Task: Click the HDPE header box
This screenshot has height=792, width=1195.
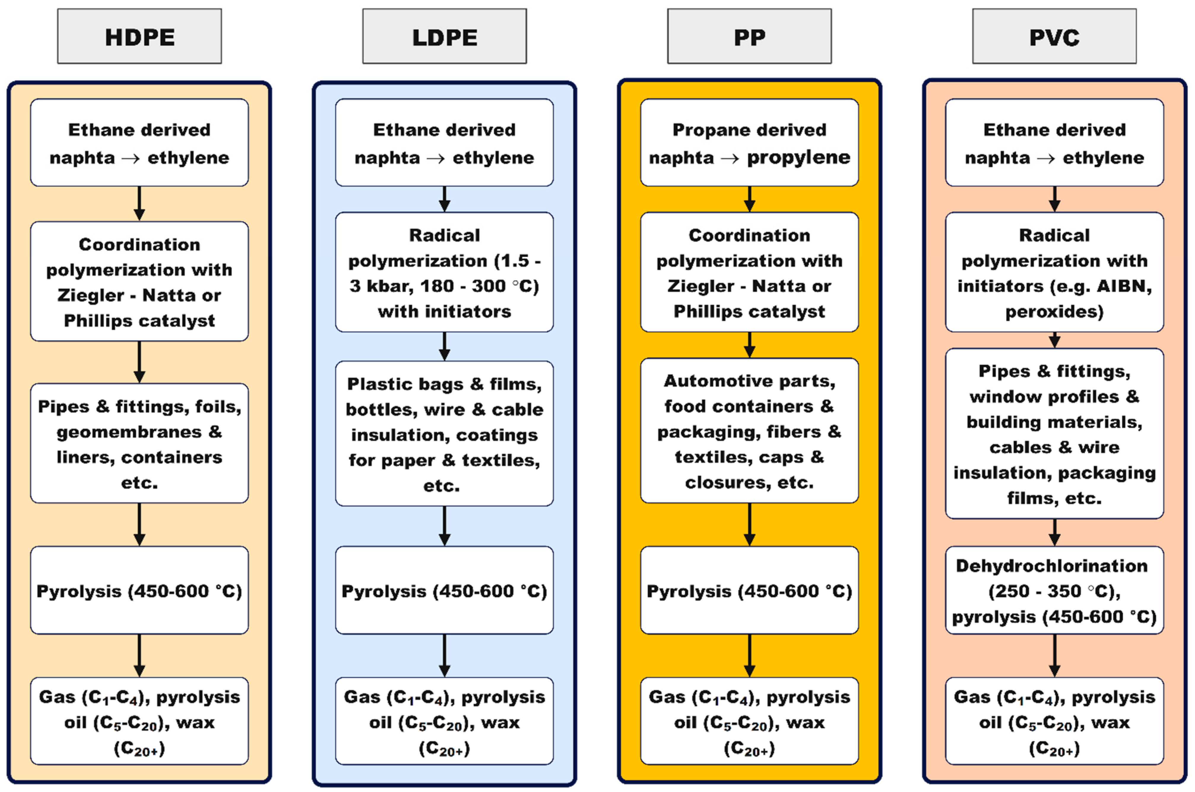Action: [139, 36]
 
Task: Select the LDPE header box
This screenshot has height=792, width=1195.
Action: [444, 36]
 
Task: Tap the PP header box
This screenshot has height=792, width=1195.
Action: [749, 36]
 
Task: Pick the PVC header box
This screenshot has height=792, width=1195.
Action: [1054, 36]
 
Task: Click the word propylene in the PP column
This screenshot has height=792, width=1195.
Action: [798, 158]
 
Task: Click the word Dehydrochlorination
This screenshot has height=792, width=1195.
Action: [1052, 566]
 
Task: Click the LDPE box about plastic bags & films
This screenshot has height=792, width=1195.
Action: [444, 433]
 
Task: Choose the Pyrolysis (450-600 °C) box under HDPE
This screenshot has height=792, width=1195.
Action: [139, 590]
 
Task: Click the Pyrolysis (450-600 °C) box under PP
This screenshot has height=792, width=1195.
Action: [749, 590]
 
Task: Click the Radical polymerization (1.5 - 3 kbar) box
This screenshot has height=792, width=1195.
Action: [444, 272]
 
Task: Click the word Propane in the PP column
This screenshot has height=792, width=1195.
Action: [703, 130]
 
